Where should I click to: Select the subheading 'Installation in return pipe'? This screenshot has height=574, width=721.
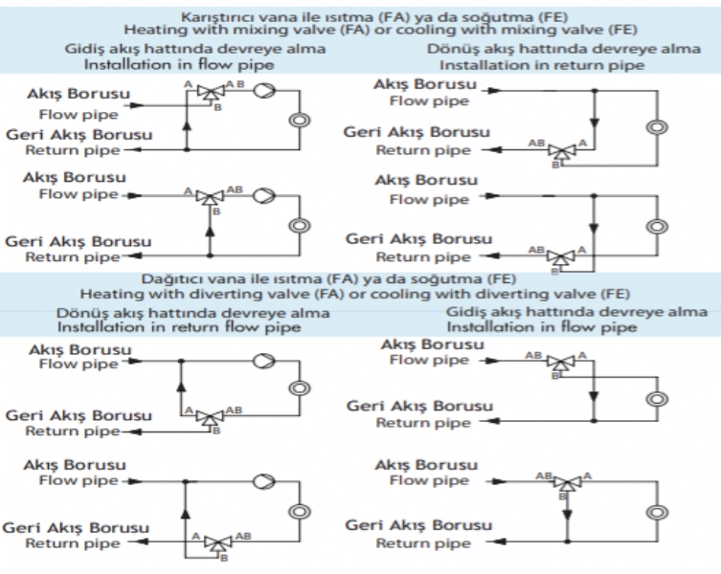(x=542, y=65)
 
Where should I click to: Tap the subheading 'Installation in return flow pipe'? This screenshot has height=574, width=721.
(x=179, y=327)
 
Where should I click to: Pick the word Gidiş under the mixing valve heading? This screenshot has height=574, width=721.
(x=86, y=49)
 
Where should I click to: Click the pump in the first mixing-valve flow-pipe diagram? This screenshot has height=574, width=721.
(x=264, y=90)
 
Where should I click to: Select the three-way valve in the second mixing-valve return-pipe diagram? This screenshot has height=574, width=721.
(x=560, y=256)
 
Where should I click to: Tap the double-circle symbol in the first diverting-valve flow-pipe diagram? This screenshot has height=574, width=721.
(x=657, y=399)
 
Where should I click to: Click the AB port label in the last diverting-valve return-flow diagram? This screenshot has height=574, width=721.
(x=243, y=536)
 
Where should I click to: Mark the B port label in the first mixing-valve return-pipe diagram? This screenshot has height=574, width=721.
(x=555, y=165)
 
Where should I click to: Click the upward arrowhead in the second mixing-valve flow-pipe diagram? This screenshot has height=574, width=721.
(x=210, y=232)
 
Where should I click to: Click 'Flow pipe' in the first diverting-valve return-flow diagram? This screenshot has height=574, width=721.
(x=79, y=364)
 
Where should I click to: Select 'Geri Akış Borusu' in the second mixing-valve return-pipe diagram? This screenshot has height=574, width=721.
(x=418, y=239)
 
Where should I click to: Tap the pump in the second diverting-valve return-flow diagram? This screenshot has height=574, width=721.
(x=264, y=481)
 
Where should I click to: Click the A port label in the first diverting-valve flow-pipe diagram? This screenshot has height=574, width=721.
(x=582, y=355)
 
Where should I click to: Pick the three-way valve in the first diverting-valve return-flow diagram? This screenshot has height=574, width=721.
(x=210, y=418)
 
